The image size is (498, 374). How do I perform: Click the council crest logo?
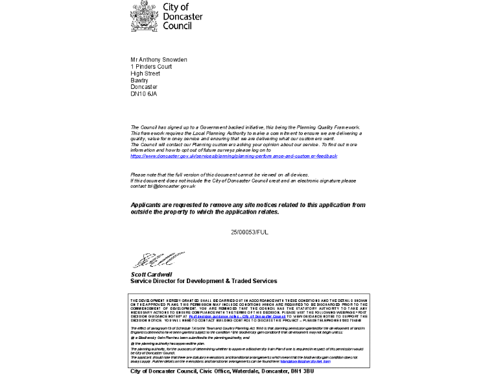click(143, 16)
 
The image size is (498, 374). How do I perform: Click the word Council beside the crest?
click(177, 27)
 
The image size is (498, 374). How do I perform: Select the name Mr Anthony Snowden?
click(159, 60)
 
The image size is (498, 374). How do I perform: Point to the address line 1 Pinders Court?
click(151, 67)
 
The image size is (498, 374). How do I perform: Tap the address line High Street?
click(145, 73)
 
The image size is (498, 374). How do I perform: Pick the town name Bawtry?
click(139, 81)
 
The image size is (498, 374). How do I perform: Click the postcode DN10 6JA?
click(143, 93)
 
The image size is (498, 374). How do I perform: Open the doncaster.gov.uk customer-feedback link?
click(233, 156)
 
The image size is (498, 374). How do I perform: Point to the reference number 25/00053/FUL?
click(249, 232)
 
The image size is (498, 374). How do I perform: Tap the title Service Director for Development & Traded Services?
click(204, 281)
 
